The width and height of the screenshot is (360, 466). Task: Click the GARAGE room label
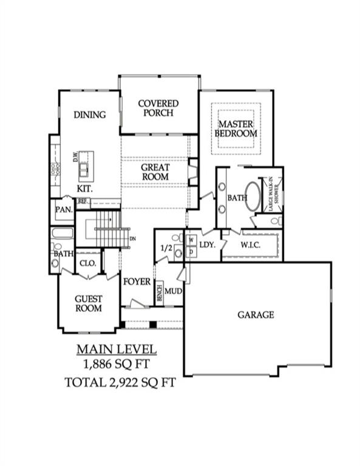point(255,315)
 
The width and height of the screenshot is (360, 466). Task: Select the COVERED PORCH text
point(158,108)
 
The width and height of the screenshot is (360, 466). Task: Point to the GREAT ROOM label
point(155,172)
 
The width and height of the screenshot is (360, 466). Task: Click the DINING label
point(90,115)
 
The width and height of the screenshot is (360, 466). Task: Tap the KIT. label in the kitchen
point(84,189)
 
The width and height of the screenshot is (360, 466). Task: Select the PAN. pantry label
point(64,209)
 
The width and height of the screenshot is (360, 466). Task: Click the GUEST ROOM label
point(89,303)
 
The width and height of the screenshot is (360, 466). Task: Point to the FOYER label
point(137,282)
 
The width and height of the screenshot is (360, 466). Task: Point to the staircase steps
point(113,229)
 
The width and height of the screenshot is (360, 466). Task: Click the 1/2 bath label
point(164,248)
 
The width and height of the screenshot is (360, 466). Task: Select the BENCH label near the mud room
point(159,293)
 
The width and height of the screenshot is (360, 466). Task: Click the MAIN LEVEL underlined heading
point(116,349)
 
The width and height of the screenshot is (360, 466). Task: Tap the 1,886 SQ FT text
point(116,364)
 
